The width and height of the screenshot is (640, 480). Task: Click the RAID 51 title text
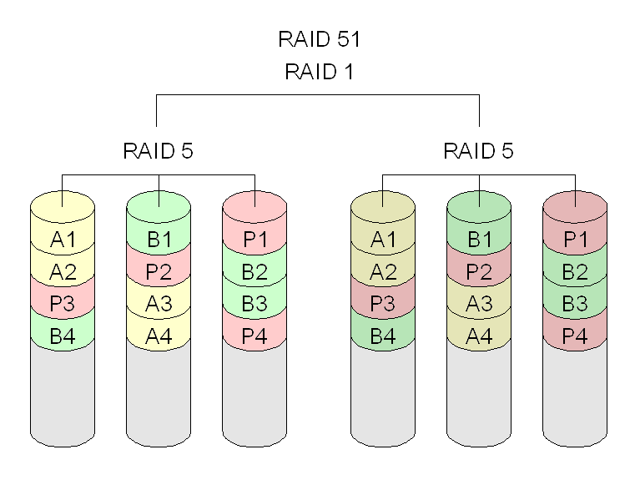(x=320, y=39)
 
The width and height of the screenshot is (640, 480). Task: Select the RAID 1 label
(x=320, y=72)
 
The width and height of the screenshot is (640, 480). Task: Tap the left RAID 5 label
(x=158, y=151)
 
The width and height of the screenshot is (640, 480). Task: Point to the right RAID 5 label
(x=478, y=151)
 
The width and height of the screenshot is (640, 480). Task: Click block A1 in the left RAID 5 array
(x=63, y=239)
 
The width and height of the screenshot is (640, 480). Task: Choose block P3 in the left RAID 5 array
(x=63, y=304)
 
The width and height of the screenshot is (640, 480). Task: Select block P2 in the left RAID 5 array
(x=159, y=271)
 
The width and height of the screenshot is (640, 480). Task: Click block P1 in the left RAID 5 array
(x=255, y=239)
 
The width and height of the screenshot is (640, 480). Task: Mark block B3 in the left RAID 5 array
(x=254, y=304)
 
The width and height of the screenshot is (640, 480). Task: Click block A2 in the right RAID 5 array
(x=383, y=271)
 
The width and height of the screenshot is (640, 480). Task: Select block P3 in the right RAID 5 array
(x=383, y=304)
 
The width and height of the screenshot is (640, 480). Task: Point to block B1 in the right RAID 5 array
(x=480, y=239)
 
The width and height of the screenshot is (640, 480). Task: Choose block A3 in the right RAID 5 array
(x=479, y=304)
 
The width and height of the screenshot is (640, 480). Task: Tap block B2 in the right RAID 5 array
(x=575, y=271)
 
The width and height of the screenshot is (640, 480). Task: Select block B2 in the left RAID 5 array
(x=254, y=271)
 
